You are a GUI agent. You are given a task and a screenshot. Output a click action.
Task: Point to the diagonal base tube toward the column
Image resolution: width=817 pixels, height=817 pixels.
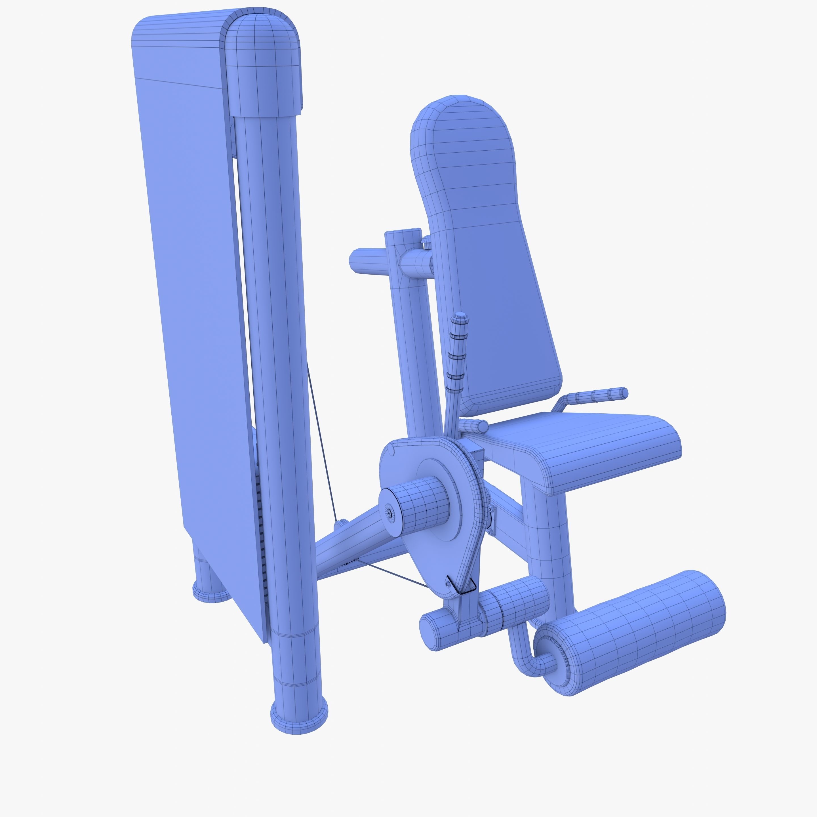pyautogui.click(x=351, y=546)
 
